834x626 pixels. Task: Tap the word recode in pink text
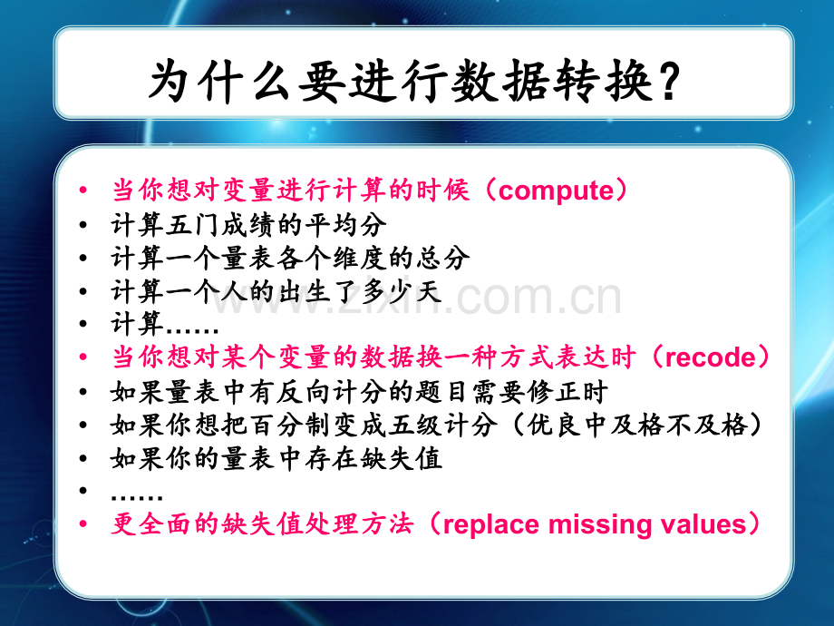pyautogui.click(x=710, y=357)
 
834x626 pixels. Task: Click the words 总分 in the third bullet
pyautogui.click(x=442, y=259)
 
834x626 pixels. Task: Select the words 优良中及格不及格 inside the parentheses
pyautogui.click(x=637, y=425)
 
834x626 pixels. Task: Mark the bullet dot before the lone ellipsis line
pyautogui.click(x=82, y=490)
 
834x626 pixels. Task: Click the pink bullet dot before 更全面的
pyautogui.click(x=82, y=524)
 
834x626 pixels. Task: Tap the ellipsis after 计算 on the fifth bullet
pyautogui.click(x=192, y=330)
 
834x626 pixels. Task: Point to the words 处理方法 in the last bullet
pyautogui.click(x=359, y=524)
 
